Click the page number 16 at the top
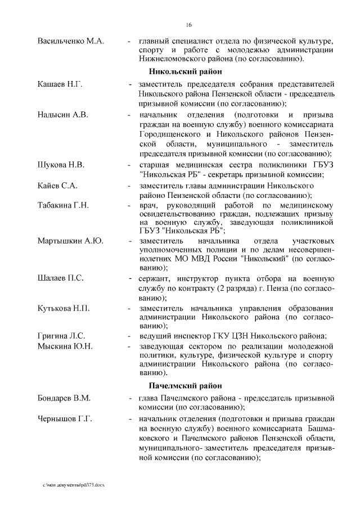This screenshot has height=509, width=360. click(189, 25)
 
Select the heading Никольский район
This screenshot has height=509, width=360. click(185, 71)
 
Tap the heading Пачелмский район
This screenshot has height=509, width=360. click(186, 386)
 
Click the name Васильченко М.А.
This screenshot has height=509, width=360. click(71, 41)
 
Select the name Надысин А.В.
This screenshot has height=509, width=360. click(62, 115)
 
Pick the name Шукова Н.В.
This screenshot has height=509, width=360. click(61, 165)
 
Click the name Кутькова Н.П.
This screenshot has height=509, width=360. click(64, 308)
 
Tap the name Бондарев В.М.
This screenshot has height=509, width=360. click(64, 398)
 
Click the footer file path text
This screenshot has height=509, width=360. click(75, 484)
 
